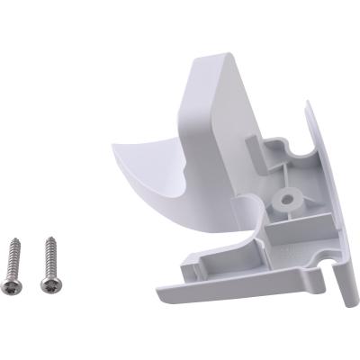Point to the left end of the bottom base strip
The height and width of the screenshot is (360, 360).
click(160, 293)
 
